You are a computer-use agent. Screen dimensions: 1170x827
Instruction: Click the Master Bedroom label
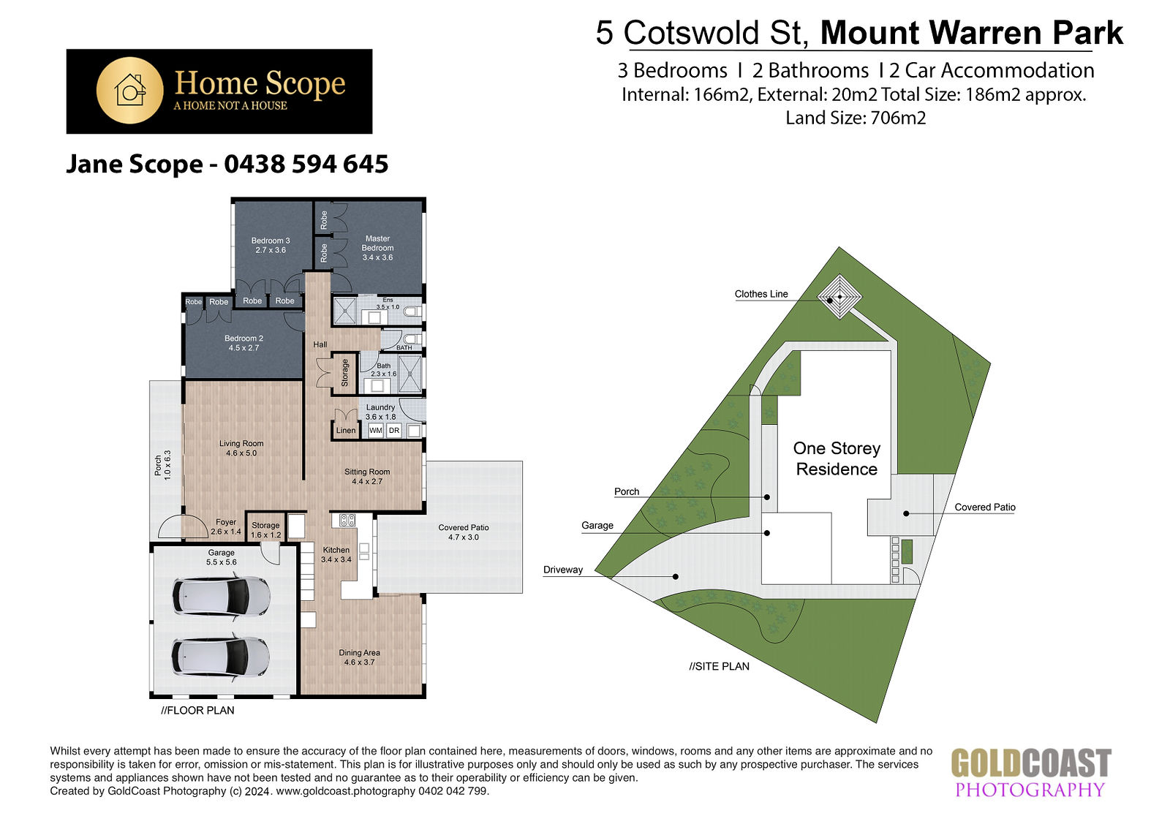point(377,248)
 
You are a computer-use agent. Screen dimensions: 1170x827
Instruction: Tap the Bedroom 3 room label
point(271,245)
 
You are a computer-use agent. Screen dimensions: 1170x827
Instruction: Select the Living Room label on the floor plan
point(241,448)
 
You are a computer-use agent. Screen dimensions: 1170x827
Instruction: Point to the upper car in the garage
point(222,595)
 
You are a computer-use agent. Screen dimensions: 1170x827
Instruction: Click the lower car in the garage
point(222,657)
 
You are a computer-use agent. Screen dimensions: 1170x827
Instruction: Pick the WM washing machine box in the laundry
point(376,431)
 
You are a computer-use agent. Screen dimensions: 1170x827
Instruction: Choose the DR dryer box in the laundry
point(394,431)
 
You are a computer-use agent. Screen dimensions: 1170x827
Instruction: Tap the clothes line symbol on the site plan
point(839,297)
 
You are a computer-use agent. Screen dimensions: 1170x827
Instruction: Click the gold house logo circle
point(129,91)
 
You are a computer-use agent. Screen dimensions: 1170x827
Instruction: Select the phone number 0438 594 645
point(306,164)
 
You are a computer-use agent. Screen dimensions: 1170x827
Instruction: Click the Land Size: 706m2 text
point(856,118)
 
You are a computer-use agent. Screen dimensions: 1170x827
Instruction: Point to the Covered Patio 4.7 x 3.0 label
point(464,532)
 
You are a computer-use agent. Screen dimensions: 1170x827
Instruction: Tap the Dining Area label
point(359,657)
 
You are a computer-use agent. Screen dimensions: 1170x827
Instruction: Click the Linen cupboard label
point(346,431)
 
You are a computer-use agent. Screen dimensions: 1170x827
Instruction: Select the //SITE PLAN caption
point(720,666)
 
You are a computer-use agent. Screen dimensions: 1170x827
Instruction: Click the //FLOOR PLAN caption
point(197,710)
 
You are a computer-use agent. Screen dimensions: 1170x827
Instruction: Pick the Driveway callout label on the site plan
point(563,570)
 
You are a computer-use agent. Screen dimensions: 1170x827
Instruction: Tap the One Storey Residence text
point(837,458)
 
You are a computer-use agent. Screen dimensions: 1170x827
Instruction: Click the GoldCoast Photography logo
point(1030,772)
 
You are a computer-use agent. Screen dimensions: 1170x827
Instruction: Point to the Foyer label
point(226,526)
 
